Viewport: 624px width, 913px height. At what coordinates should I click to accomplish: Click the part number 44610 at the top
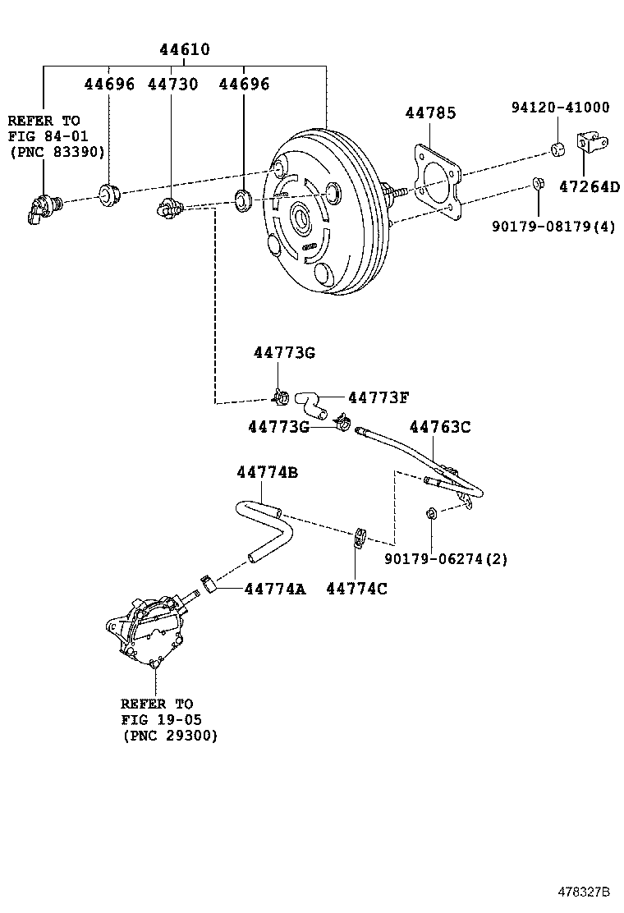click(x=184, y=50)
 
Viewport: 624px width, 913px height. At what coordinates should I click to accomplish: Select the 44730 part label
click(x=172, y=85)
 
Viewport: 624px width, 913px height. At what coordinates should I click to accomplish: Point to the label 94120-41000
click(x=560, y=108)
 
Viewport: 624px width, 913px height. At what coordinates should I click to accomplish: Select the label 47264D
click(x=590, y=186)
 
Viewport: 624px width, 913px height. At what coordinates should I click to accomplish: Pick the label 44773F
click(x=378, y=397)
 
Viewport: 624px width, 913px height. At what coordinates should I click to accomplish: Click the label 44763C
click(x=440, y=427)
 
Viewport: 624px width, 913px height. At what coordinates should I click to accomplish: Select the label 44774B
click(x=267, y=473)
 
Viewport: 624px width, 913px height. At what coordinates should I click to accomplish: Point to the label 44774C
click(x=356, y=589)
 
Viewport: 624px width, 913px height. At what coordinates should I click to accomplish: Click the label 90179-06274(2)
click(x=446, y=559)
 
